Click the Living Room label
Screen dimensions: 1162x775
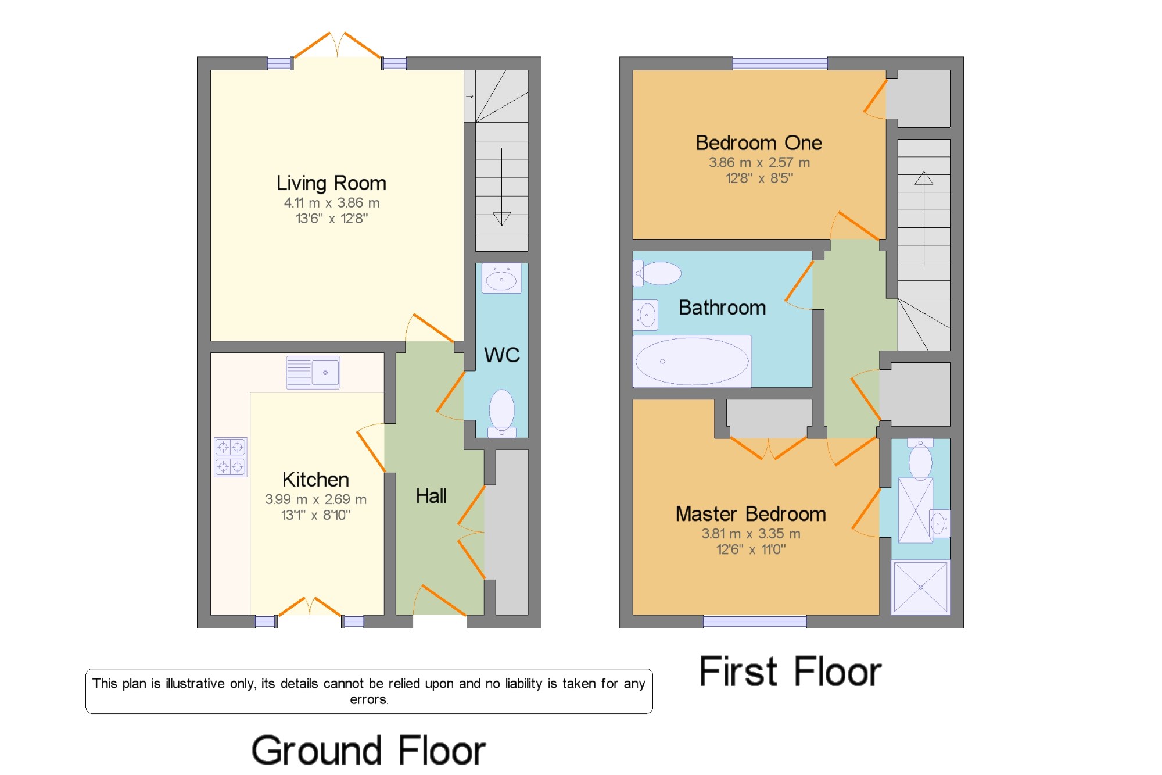[331, 183]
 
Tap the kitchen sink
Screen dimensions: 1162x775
[313, 372]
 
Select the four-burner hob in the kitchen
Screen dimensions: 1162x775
[231, 457]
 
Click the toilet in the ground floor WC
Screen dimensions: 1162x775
[502, 413]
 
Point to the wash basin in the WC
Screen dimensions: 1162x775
[501, 278]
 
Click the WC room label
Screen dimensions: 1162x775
[502, 355]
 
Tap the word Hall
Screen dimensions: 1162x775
[431, 496]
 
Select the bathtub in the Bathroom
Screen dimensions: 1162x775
[692, 361]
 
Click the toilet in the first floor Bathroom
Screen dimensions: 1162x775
[657, 273]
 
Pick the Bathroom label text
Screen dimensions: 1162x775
[722, 308]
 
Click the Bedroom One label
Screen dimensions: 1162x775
[759, 142]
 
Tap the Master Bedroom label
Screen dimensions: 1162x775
[751, 514]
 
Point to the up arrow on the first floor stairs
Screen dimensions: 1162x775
[924, 219]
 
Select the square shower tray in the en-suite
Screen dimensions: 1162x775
[921, 587]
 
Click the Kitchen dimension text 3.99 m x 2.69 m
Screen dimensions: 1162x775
[316, 499]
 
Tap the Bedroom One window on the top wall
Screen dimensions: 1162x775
[780, 63]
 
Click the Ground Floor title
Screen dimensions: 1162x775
[369, 751]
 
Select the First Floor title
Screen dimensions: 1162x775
[790, 672]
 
